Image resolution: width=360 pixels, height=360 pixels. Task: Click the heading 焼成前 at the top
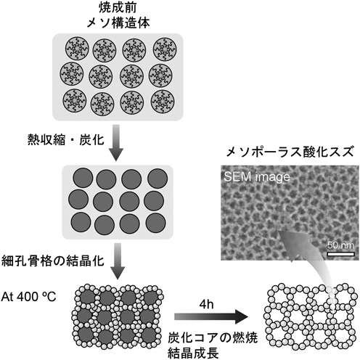[118, 7]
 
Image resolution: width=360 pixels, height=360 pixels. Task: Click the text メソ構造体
[118, 23]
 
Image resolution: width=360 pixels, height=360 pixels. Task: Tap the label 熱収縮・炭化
[66, 139]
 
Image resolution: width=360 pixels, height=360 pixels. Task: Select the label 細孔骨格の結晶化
[53, 261]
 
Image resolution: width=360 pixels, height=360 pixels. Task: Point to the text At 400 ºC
[28, 297]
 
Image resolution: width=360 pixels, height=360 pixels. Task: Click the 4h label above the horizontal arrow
[206, 304]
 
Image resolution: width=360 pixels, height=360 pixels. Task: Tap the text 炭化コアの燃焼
[213, 337]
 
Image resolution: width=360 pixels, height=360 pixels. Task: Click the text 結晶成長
[193, 353]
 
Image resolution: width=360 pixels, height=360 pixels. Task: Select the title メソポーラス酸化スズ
[290, 152]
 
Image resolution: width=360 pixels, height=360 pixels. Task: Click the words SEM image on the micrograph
[257, 176]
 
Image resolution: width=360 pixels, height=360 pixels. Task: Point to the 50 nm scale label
[340, 245]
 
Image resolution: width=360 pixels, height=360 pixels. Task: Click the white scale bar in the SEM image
[340, 254]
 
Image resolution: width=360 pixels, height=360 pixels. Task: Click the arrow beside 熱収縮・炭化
[116, 143]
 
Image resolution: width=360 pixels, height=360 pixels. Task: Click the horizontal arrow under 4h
[211, 316]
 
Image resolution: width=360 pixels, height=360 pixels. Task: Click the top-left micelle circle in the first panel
[77, 49]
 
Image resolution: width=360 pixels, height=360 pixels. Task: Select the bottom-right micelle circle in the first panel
[163, 102]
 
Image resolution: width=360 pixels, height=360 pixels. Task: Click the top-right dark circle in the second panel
[157, 179]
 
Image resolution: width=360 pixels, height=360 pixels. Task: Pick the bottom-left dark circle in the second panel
[81, 222]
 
